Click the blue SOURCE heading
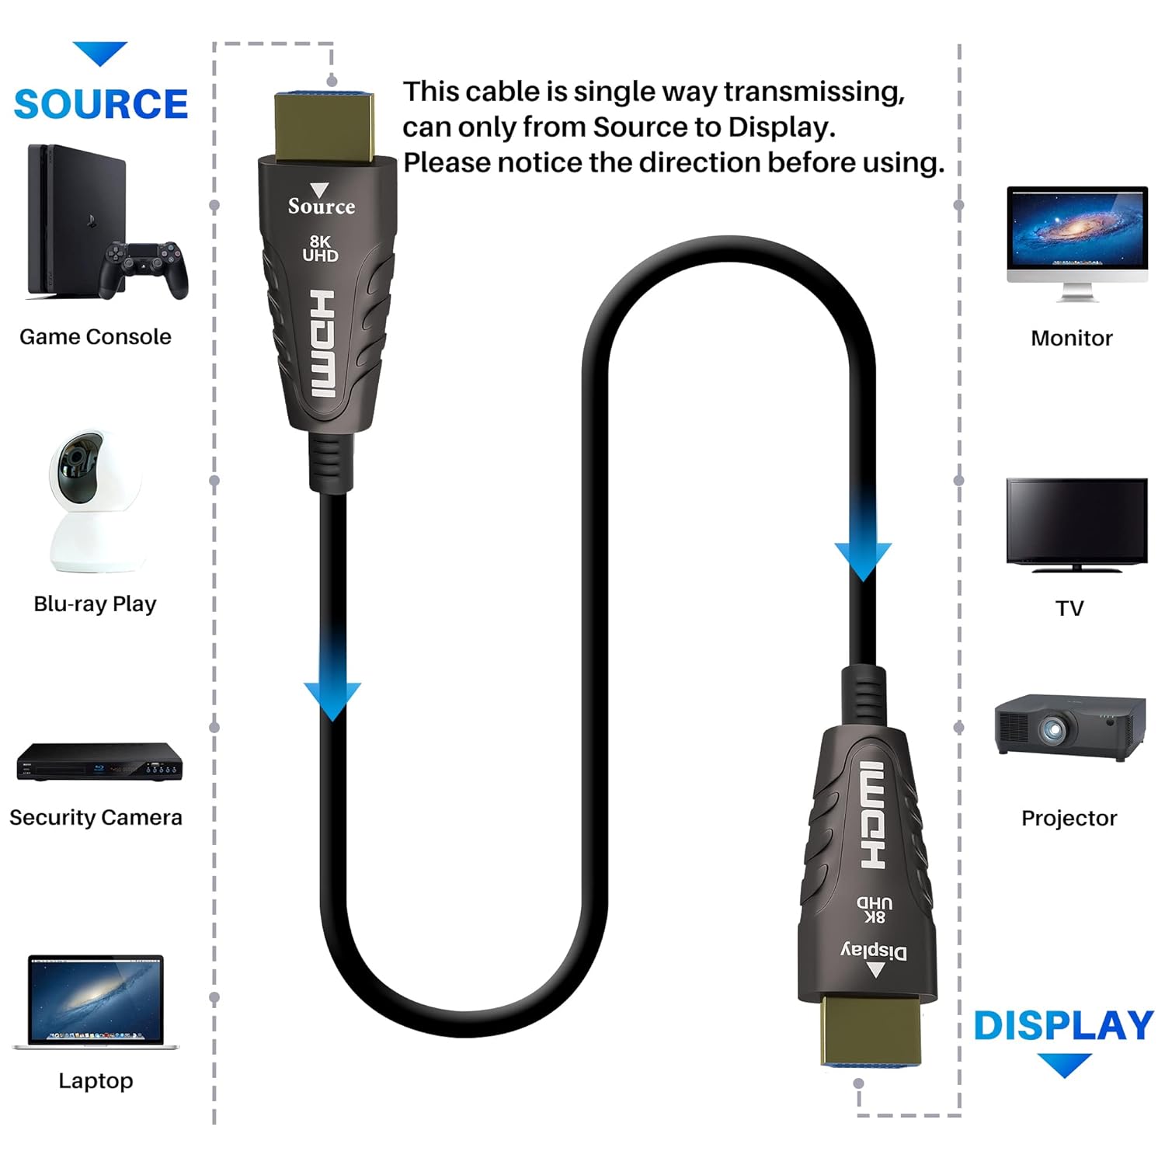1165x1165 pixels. pos(101,104)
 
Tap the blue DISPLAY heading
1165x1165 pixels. pos(1063,1025)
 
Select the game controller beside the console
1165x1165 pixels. pos(144,268)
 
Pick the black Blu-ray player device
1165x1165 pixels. pos(99,762)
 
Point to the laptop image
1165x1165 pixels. pos(96,1003)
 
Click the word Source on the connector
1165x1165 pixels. pos(322,207)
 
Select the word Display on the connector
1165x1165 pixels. pos(874,951)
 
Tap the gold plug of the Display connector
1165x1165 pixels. pos(871,1030)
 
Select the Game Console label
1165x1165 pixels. pos(96,337)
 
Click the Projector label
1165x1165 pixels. pos(1069,818)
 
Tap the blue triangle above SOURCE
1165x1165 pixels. pos(100,53)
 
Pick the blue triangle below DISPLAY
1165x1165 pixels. pos(1064,1064)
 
